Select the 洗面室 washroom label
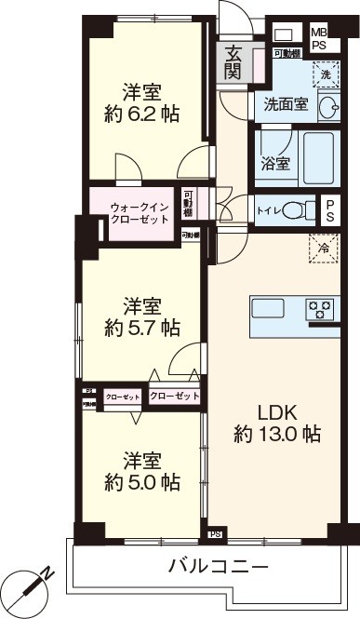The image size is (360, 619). click(286, 104)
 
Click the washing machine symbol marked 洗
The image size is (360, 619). click(325, 73)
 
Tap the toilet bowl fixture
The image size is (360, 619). click(298, 209)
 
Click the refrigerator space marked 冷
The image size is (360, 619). click(324, 248)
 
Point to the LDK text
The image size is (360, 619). click(276, 410)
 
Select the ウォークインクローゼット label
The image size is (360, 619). click(140, 212)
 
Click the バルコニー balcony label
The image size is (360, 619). click(219, 566)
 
